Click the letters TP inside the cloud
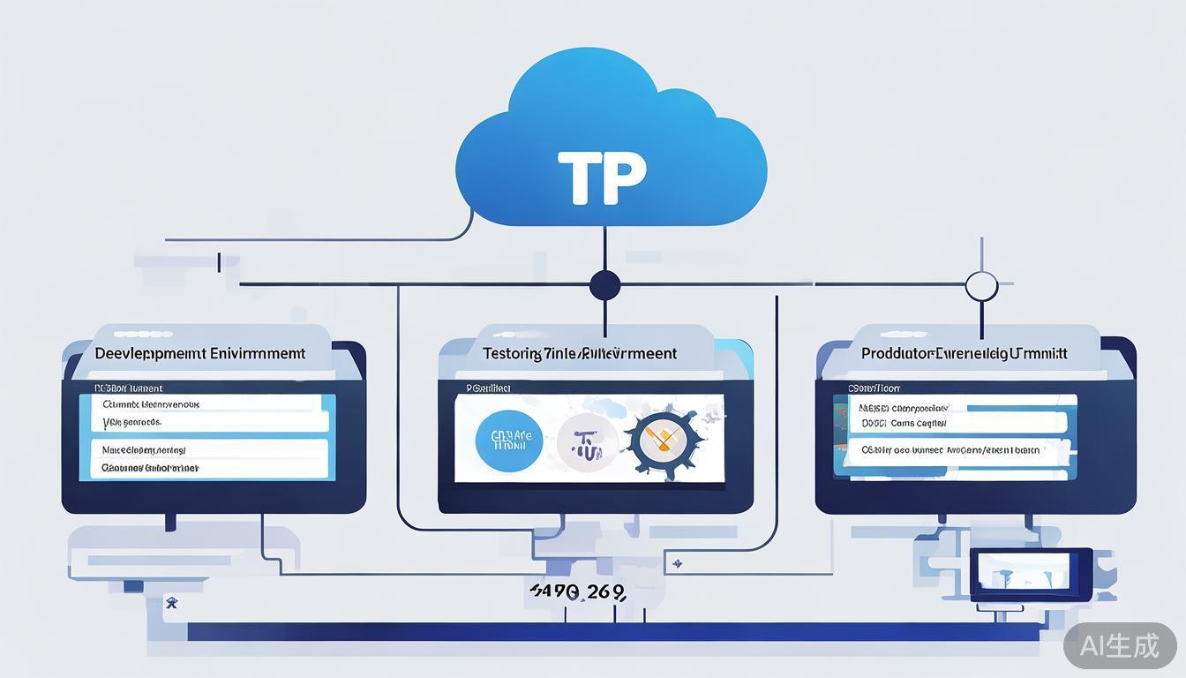click(603, 177)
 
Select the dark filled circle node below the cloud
click(604, 285)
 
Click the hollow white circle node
click(981, 286)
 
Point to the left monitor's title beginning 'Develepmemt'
click(199, 353)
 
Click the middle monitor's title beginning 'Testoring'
click(579, 353)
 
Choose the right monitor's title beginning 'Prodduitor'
click(964, 353)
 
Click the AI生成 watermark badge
click(1119, 646)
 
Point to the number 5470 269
click(577, 591)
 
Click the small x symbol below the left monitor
click(171, 604)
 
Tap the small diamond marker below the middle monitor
click(678, 562)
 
